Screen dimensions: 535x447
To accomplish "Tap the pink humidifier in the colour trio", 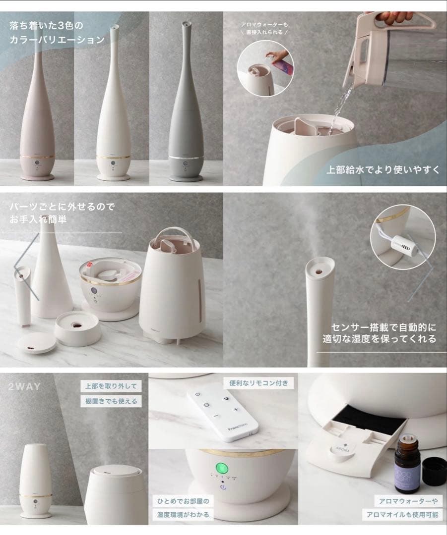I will tap(38, 119).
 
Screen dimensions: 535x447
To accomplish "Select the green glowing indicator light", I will tap(221, 468).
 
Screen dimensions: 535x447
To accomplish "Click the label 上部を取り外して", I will tap(111, 386).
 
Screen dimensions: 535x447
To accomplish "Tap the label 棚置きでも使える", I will tap(111, 401).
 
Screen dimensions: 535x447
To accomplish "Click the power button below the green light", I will tap(223, 487).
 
